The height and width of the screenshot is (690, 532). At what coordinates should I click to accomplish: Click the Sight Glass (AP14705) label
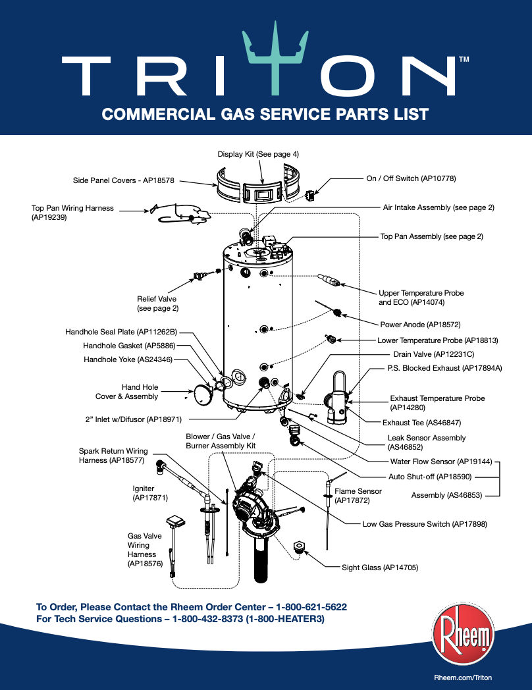[380, 567]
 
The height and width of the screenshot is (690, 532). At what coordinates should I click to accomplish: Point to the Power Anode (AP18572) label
[420, 325]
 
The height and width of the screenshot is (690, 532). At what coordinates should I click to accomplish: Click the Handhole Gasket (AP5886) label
[128, 346]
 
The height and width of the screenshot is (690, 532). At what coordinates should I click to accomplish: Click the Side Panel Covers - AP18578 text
[123, 180]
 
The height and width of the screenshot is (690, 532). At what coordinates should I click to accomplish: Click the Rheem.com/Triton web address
[463, 677]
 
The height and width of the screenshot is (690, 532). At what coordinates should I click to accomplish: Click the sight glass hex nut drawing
[298, 547]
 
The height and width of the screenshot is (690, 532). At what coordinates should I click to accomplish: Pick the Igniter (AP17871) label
[144, 494]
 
